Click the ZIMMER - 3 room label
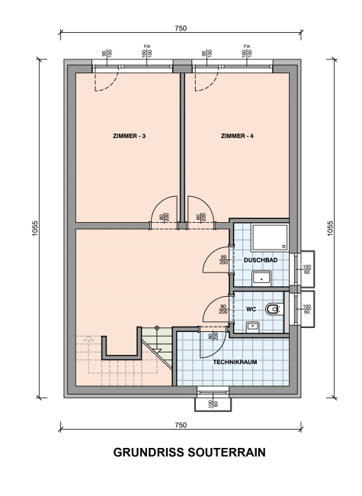[129, 137]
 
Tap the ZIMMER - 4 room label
[237, 137]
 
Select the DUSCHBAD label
[261, 260]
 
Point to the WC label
[251, 309]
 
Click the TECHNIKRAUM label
[235, 362]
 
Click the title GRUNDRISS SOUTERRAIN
[189, 453]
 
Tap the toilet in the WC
[274, 309]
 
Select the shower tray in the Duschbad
[270, 237]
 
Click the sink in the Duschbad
[261, 279]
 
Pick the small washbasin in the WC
[253, 326]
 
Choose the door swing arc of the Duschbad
[209, 255]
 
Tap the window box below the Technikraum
[213, 404]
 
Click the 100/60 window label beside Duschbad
[306, 269]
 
